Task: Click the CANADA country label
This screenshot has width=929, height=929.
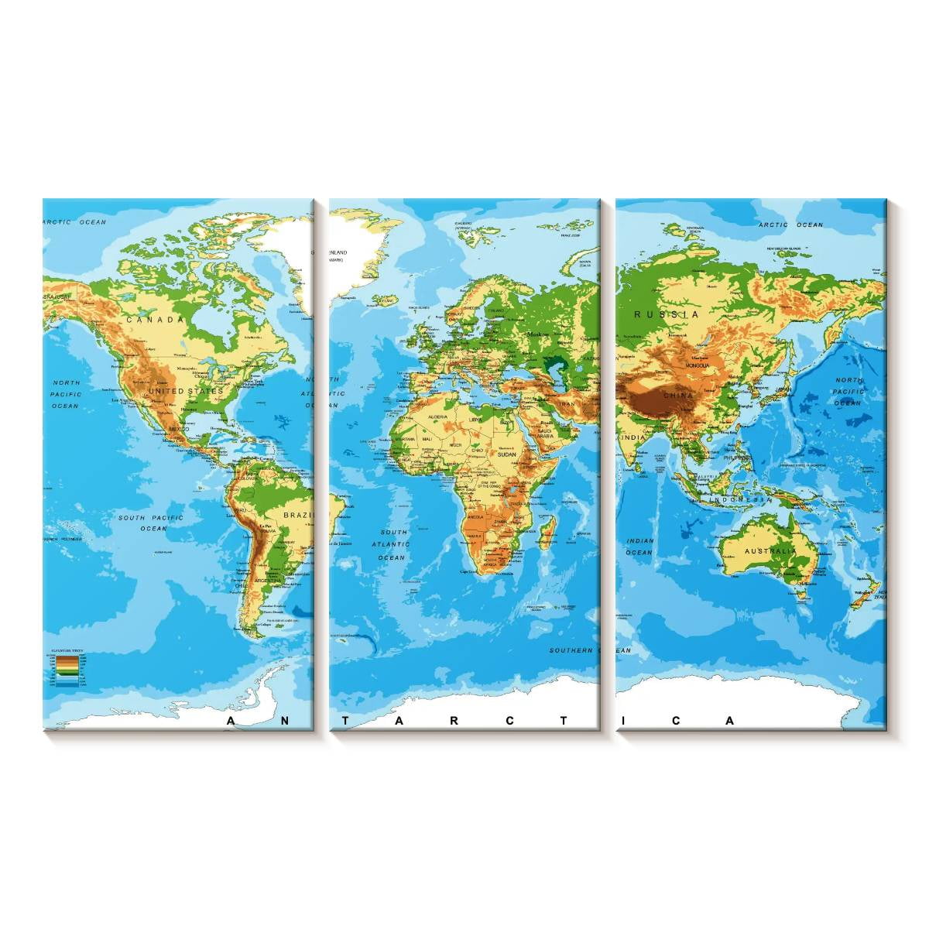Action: coord(155,319)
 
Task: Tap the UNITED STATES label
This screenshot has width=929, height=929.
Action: coord(186,391)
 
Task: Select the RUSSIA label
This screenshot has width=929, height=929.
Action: coord(666,314)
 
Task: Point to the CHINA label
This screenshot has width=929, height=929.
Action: coord(678,396)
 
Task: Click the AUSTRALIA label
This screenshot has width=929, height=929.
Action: coord(770,551)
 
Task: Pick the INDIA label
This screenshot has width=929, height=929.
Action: coord(632,439)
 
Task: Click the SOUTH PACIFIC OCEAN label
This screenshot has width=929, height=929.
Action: coord(153,523)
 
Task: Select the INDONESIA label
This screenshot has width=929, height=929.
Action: coord(745,500)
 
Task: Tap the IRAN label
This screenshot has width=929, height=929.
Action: coord(567,404)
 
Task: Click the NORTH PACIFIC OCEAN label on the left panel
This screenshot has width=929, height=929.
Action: coord(66,394)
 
